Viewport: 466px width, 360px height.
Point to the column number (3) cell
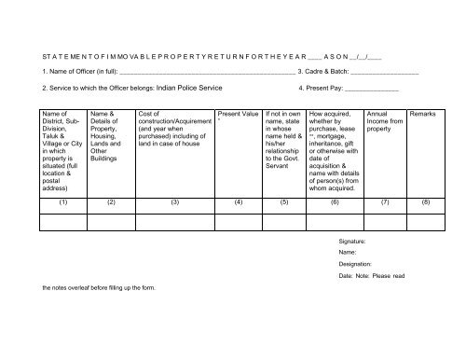tap(174, 201)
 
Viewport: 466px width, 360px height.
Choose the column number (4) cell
tap(239, 201)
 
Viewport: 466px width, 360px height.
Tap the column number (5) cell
tap(284, 201)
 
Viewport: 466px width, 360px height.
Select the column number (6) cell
tap(336, 201)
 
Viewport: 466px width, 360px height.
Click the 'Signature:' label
tap(354, 242)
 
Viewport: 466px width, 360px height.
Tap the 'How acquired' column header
tap(335, 149)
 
